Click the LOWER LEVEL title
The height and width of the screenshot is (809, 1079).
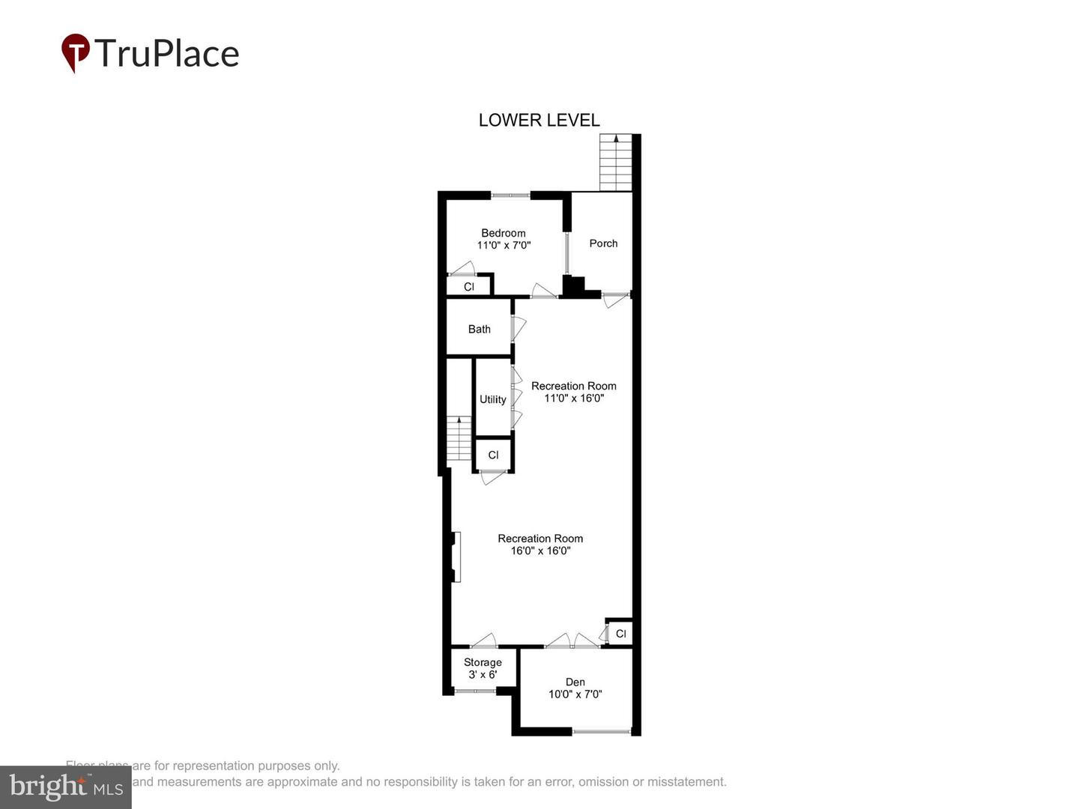539,120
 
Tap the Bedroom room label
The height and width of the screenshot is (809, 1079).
503,233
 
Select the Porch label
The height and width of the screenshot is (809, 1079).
603,243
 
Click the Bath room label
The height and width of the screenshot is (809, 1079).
479,329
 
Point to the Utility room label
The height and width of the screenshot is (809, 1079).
492,399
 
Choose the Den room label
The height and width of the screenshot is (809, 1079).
575,682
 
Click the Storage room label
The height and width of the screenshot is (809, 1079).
483,662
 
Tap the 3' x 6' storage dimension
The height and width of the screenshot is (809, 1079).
483,674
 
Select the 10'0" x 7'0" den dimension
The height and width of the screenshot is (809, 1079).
575,694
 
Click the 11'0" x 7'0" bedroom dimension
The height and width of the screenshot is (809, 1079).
504,245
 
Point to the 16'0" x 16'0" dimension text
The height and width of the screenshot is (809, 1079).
540,551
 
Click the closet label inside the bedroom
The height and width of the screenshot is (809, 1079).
469,287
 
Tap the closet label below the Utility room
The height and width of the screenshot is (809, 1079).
493,455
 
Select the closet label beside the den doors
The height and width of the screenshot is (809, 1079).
620,634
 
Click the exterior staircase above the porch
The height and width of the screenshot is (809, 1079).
616,163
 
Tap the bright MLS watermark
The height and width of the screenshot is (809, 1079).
66,787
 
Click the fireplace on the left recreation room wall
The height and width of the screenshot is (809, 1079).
456,557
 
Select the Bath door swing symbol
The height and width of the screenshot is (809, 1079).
519,328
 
